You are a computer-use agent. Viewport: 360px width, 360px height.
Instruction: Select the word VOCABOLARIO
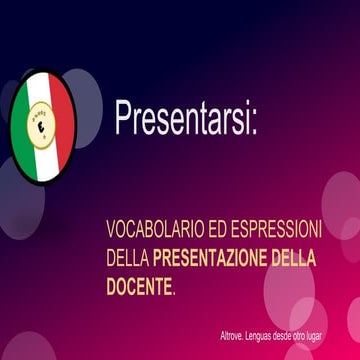(150, 229)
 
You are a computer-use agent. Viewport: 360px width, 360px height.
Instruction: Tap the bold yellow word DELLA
(290, 258)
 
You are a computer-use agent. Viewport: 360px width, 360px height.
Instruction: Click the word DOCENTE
(138, 287)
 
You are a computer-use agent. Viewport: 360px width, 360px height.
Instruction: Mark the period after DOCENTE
(174, 291)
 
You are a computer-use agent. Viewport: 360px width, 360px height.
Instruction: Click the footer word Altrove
(235, 335)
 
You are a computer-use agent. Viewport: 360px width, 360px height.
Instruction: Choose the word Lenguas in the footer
(269, 335)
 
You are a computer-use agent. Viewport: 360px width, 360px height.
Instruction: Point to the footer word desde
(300, 335)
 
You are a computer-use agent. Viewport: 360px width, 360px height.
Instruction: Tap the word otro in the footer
(322, 335)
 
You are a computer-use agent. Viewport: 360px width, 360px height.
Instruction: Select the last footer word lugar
(342, 335)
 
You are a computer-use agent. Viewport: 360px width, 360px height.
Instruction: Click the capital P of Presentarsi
(123, 117)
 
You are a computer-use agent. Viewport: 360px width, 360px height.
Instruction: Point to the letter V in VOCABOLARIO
(111, 229)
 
